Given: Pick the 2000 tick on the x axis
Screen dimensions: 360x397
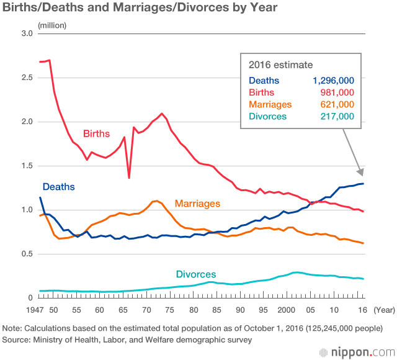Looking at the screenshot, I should point(286,310).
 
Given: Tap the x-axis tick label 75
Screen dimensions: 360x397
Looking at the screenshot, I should point(170,310).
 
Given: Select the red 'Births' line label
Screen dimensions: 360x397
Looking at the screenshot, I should point(96,133).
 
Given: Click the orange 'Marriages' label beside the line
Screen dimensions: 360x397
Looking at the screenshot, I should point(197,203).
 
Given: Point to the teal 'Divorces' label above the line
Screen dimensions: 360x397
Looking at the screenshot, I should point(195,274).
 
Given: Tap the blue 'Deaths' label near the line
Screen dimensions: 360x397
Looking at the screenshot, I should point(58,186).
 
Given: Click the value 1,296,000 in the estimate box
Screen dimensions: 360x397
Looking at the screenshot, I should point(333,80).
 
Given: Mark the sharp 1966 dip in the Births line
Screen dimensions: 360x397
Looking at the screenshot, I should point(129,178).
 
